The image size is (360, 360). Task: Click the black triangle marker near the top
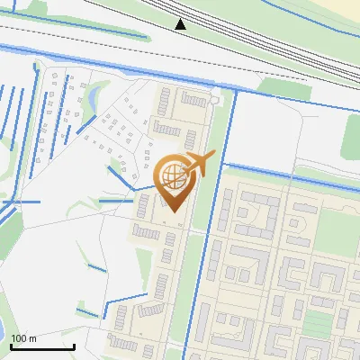(181, 23)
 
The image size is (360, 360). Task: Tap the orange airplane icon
(200, 163)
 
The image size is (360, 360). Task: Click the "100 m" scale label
(23, 338)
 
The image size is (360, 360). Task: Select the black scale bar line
(42, 346)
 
